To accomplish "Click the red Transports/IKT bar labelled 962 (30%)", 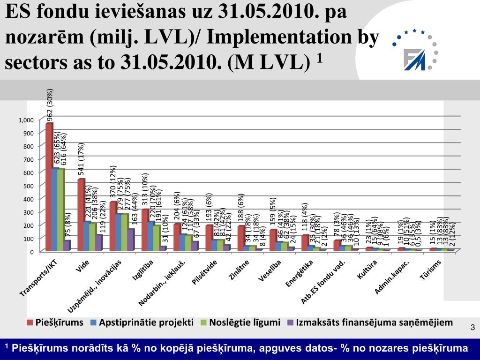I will coord(49,187).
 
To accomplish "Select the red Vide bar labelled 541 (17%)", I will coord(81,216).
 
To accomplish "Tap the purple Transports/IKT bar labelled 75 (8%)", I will coord(66,246).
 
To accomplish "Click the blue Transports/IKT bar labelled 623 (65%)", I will coord(55,210).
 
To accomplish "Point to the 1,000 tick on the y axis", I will coord(26,120).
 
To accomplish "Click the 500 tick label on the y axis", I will coord(29,186).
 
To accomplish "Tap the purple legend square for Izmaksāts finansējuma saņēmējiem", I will coord(290,322).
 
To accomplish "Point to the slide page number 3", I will coord(472,327).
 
